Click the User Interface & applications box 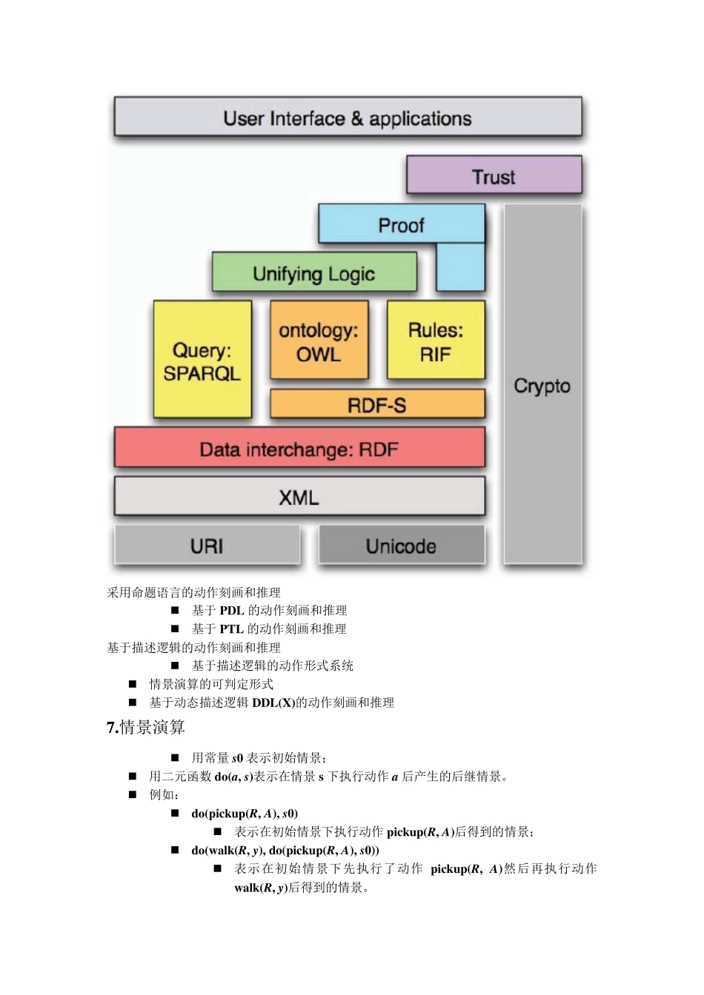coord(348,118)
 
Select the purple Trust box coord(494,177)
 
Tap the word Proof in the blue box coord(401,225)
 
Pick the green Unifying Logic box coord(313,274)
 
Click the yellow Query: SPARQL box coord(202,361)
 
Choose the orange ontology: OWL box coord(319,341)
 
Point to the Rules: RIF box coord(436,341)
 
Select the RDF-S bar coord(377,405)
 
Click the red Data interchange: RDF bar coord(299,449)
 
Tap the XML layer coord(299,497)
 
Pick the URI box coord(207,546)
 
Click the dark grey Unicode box coord(401,546)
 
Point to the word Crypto coord(542,386)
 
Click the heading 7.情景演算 coord(146,728)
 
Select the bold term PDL coord(232,611)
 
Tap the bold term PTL coord(232,629)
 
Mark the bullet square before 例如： coord(133,794)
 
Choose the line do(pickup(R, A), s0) coord(245,814)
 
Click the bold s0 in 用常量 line coord(237,758)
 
